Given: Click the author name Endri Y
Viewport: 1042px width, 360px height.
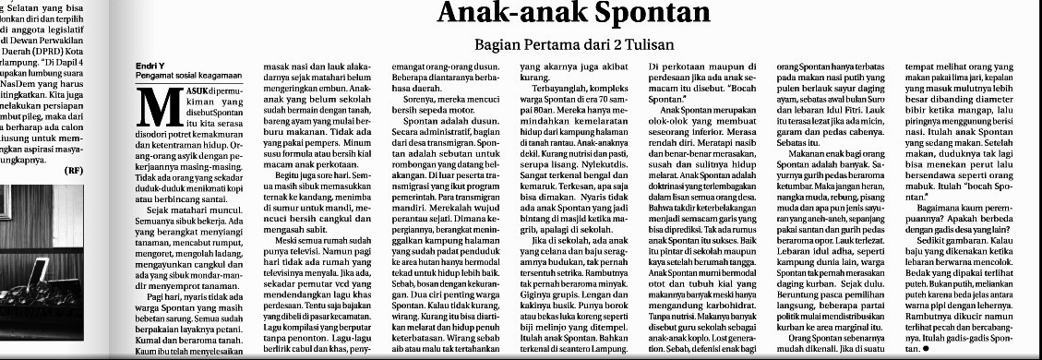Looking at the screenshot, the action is (150, 66).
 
